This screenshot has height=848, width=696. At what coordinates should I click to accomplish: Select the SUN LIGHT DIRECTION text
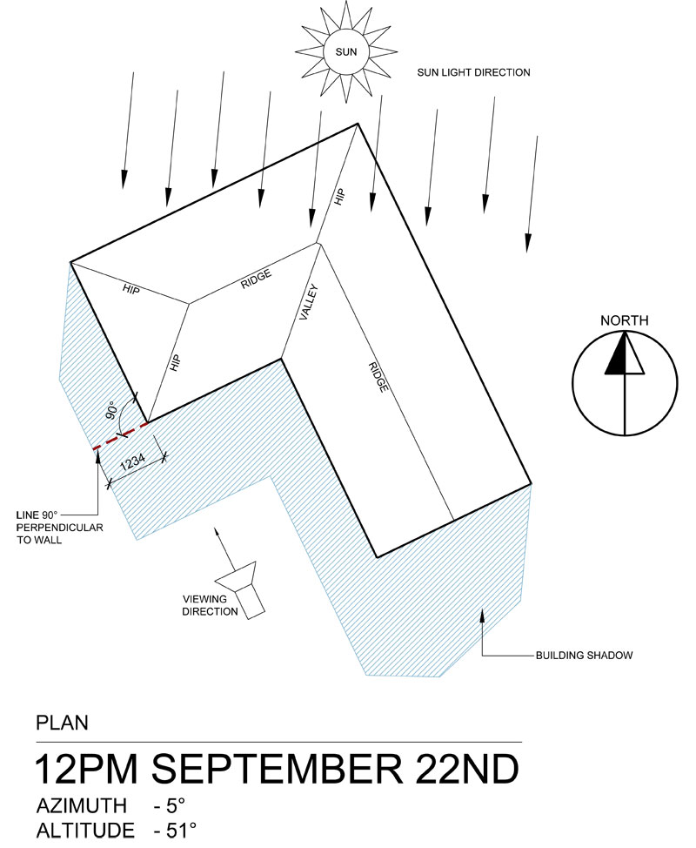click(472, 73)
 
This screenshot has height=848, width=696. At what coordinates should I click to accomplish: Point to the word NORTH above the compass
click(624, 321)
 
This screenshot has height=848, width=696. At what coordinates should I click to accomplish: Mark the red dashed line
click(119, 437)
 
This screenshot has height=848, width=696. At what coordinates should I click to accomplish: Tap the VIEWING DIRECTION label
click(210, 605)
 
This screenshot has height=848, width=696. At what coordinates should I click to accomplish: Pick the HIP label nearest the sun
click(339, 195)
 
